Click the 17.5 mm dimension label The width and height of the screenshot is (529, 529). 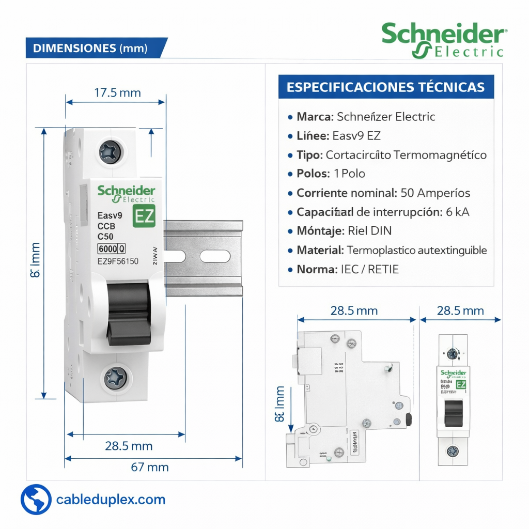117,93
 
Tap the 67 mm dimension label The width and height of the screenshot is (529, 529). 150,467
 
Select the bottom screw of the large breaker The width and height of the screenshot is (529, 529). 115,378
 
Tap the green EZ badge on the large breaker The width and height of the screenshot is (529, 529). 144,217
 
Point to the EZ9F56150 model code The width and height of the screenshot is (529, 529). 118,261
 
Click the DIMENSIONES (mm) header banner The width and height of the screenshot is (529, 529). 91,48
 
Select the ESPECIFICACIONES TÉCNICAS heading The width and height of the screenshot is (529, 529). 386,87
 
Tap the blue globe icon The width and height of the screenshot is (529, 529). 36,500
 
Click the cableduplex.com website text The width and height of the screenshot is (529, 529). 111,500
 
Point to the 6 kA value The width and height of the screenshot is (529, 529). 458,212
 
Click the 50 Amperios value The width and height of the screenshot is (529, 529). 435,193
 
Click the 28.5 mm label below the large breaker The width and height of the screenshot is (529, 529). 129,446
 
